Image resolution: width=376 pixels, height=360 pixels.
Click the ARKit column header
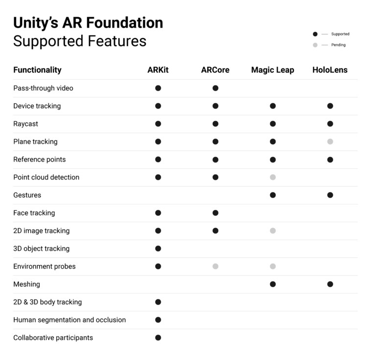coord(158,70)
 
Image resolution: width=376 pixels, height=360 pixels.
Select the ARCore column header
coord(215,70)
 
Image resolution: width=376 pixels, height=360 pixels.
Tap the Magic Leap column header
coord(272,70)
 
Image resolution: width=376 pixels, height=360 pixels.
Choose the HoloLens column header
coord(329,70)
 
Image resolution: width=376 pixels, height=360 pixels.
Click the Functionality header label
coord(37,70)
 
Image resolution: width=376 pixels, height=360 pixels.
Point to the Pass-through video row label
coord(43,88)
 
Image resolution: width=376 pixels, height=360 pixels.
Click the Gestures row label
coord(27,195)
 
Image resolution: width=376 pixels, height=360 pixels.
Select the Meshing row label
coord(26,284)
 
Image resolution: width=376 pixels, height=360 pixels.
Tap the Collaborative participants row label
coord(53,337)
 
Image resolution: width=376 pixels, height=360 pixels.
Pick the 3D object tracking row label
coord(41,248)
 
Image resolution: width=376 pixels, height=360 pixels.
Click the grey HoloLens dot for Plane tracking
coord(330,142)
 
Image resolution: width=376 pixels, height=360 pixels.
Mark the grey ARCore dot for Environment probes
coord(215,267)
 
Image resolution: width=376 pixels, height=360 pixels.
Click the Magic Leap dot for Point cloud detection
coord(273,177)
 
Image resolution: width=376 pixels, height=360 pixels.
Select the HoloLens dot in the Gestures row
coord(330,195)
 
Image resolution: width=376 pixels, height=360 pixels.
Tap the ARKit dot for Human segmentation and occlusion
coord(158,320)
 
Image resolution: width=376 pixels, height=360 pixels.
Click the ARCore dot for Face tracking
coord(215,213)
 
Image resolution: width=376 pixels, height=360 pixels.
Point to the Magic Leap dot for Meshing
coord(273,284)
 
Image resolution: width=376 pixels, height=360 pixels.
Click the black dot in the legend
coord(315,34)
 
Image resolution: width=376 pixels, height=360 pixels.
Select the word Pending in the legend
coord(338,45)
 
